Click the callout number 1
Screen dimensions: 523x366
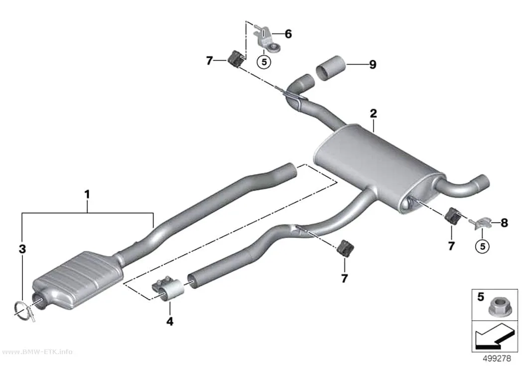(87, 194)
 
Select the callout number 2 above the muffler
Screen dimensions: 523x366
(373, 114)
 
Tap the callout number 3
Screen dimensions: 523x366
(22, 248)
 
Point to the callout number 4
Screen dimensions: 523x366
(170, 321)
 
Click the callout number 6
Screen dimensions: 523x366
(288, 34)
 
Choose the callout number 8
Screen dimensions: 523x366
(504, 223)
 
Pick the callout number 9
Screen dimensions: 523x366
(373, 64)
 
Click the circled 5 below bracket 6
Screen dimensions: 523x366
(264, 62)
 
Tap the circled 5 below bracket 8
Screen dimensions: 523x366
(482, 246)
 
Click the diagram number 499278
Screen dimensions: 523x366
(497, 359)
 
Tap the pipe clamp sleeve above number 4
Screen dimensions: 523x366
(168, 288)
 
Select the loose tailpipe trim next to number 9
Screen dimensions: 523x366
(330, 68)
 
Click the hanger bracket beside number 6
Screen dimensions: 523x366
(266, 39)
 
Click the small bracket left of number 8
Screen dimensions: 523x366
(482, 223)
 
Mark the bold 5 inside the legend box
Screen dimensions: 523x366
(481, 296)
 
